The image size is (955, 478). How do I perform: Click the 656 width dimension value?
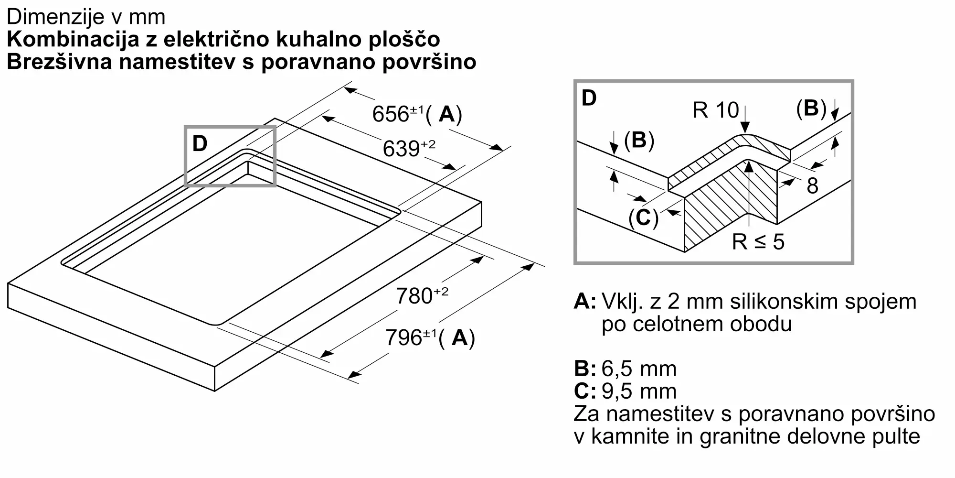click(x=391, y=115)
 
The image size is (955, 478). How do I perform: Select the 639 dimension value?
click(x=401, y=149)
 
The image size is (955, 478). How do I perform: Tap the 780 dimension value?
click(x=414, y=296)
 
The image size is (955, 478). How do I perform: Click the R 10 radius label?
click(x=715, y=110)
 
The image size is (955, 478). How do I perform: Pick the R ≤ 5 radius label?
click(x=758, y=242)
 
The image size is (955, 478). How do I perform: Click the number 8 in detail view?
click(x=812, y=186)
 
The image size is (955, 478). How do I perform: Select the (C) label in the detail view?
click(x=643, y=218)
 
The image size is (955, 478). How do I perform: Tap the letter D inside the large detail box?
click(x=589, y=98)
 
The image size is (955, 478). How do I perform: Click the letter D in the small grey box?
click(x=200, y=143)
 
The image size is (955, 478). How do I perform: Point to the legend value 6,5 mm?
click(x=639, y=369)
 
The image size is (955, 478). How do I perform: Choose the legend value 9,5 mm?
click(x=639, y=391)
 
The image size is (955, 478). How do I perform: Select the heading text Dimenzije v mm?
click(x=86, y=17)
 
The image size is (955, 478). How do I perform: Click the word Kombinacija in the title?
click(x=72, y=40)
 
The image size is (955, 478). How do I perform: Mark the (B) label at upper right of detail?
click(x=811, y=109)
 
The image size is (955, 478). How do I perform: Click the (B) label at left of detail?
click(x=638, y=140)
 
